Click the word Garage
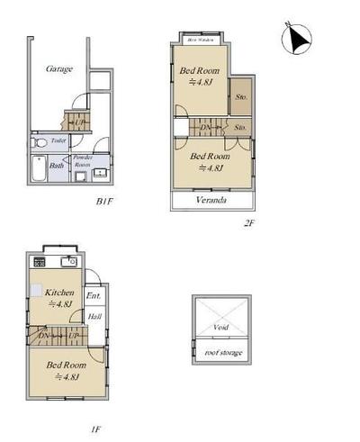point(58,68)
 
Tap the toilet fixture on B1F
point(40,141)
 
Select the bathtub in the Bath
point(37,167)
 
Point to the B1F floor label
point(106,202)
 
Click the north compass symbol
point(297,38)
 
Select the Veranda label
point(211,200)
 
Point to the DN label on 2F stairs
point(206,127)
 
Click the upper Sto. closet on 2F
point(240,96)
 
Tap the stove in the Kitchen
point(40,261)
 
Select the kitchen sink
point(67,261)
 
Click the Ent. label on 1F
point(94,296)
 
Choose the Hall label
point(94,316)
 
